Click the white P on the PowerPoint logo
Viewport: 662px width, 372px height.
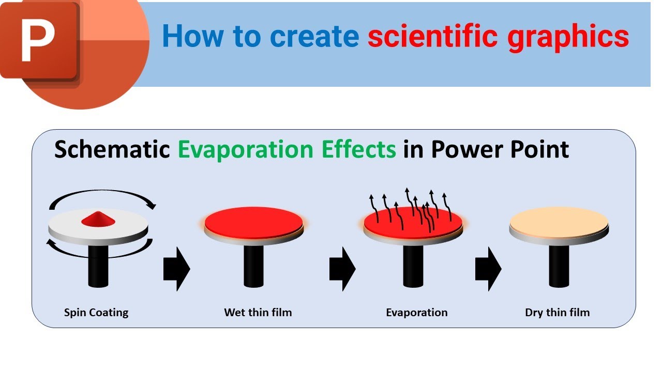click(39, 39)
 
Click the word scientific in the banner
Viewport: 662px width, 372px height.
click(433, 37)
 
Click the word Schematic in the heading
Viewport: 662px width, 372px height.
click(112, 149)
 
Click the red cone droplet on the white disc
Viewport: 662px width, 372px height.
click(98, 219)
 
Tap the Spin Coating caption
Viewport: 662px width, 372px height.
click(96, 313)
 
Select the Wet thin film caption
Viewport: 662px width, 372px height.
click(258, 313)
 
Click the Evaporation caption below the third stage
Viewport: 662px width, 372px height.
click(417, 313)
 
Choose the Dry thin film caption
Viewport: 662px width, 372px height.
click(557, 313)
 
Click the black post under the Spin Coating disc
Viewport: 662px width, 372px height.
click(98, 266)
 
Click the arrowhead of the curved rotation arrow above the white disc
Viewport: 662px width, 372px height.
click(151, 206)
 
